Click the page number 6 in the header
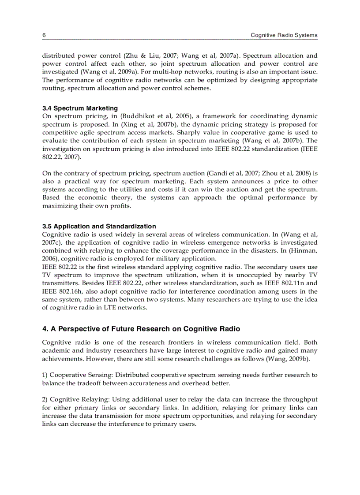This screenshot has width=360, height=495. click(x=44, y=35)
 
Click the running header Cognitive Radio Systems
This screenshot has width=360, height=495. click(x=284, y=35)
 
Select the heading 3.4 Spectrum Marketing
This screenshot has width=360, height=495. click(x=80, y=108)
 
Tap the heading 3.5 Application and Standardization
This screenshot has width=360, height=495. click(x=99, y=226)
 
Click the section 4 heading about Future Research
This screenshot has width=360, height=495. click(x=141, y=329)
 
